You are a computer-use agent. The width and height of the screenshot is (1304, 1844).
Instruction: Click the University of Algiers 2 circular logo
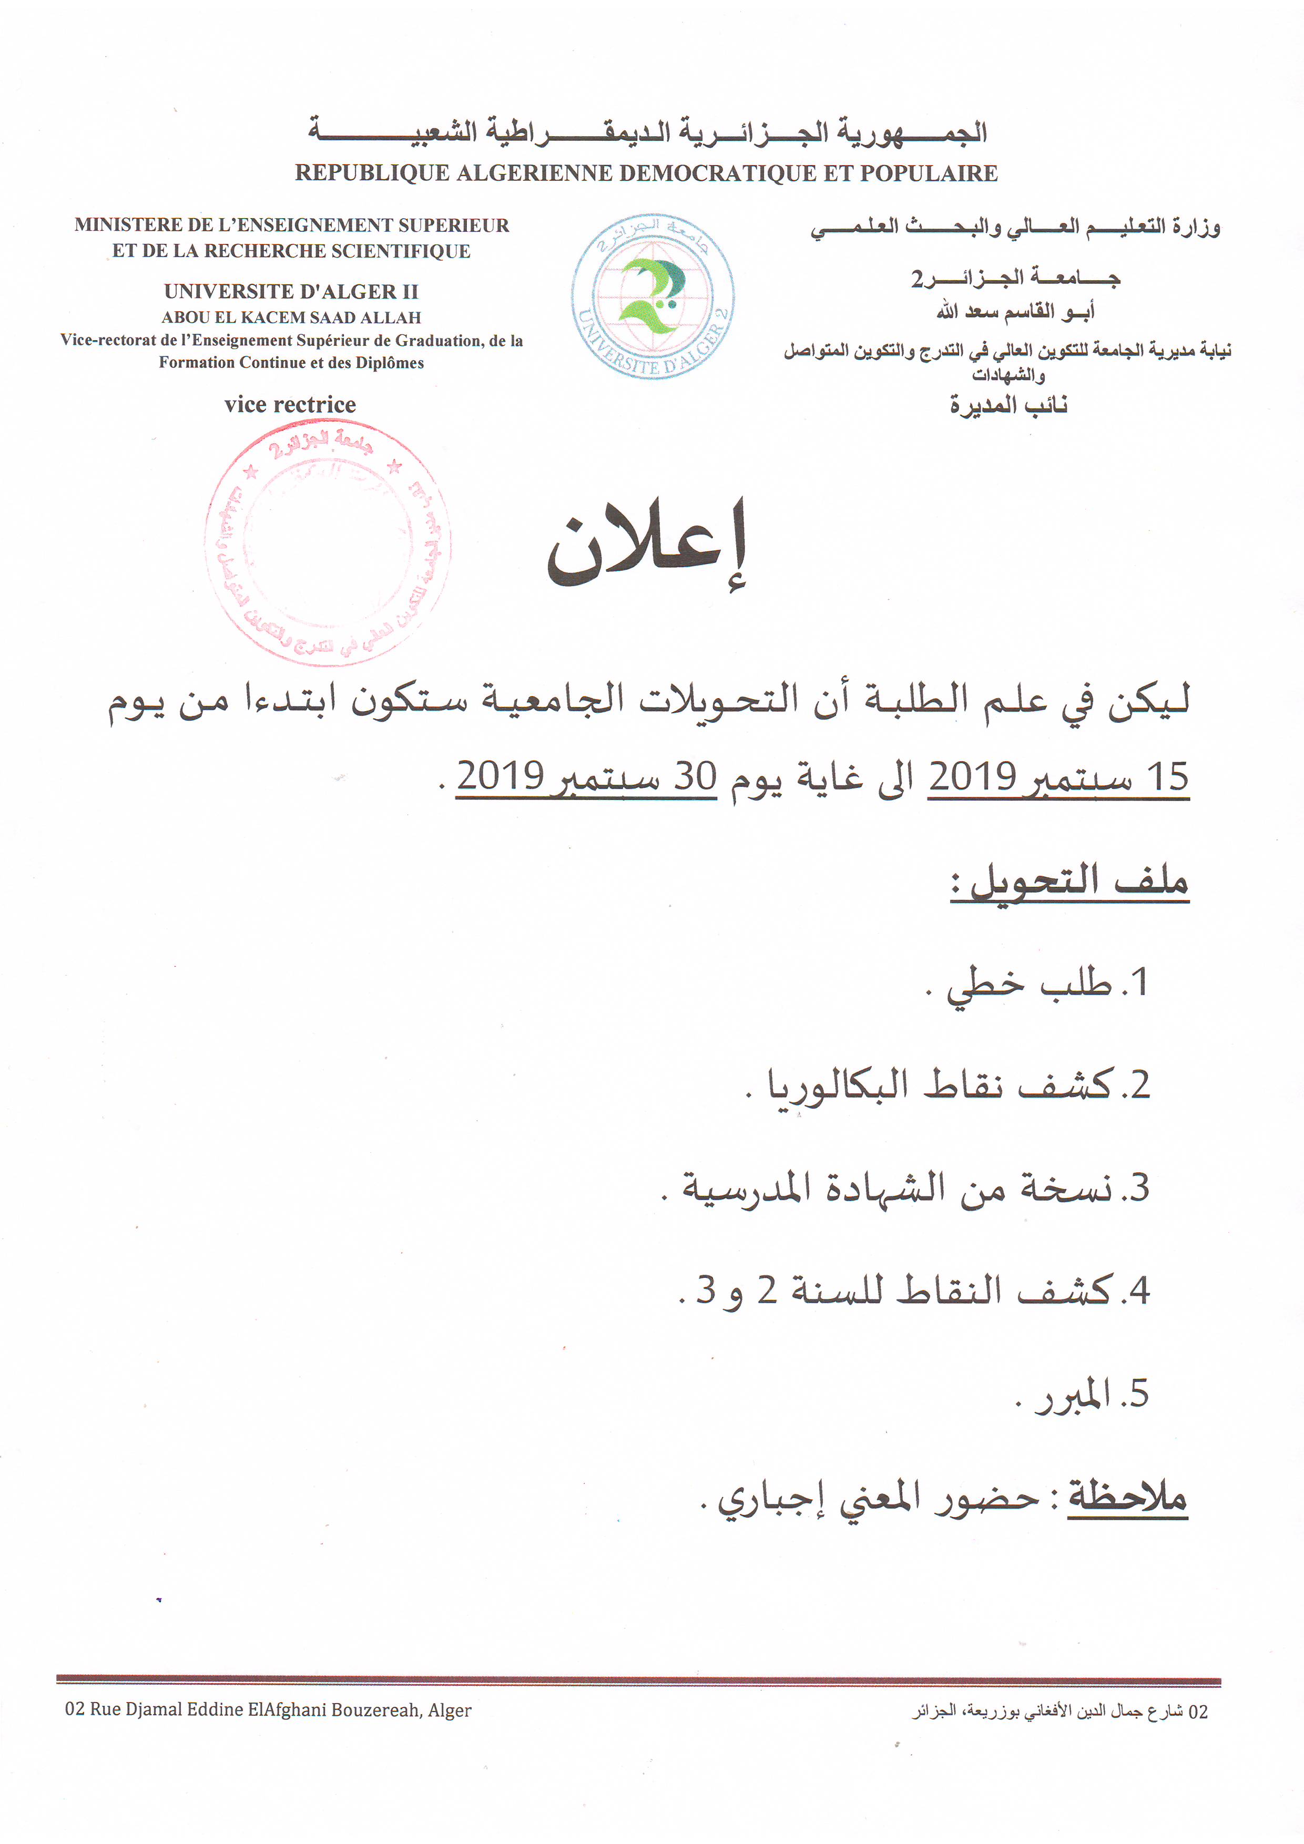pyautogui.click(x=653, y=296)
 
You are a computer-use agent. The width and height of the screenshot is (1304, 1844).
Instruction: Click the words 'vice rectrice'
pyautogui.click(x=290, y=405)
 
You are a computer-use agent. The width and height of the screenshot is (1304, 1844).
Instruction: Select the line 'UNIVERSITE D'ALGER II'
pyautogui.click(x=291, y=292)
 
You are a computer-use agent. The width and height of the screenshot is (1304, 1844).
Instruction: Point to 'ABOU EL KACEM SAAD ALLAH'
pyautogui.click(x=291, y=317)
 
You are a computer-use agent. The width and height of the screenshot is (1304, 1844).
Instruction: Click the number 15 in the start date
pyautogui.click(x=1167, y=777)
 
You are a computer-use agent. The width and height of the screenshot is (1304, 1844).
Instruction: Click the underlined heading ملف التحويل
pyautogui.click(x=1070, y=883)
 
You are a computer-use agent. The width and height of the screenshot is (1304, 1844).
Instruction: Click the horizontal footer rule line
pyautogui.click(x=639, y=1680)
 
